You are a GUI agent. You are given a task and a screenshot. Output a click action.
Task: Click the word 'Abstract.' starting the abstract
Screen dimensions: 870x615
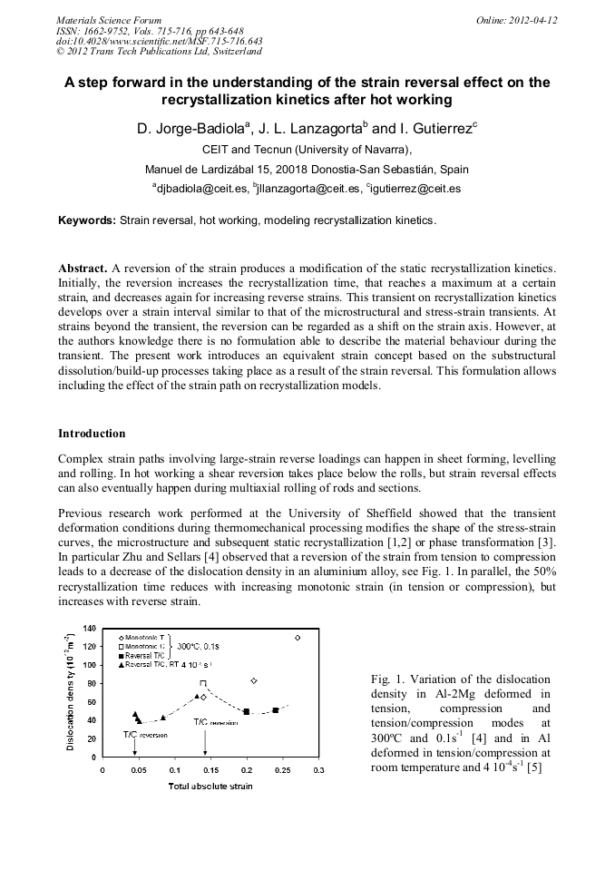[83, 269]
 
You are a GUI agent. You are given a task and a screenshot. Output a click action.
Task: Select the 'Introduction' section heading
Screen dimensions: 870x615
[92, 434]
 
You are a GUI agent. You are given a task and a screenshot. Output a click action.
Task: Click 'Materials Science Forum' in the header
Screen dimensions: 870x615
[109, 20]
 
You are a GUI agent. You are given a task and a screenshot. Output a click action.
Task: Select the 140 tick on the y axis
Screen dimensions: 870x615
[90, 628]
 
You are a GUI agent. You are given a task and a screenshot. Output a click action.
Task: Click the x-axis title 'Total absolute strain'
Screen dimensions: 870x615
[210, 786]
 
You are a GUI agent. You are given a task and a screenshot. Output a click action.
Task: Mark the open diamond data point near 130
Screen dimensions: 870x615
[297, 638]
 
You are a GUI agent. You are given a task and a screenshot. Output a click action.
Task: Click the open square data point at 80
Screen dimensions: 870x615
[203, 683]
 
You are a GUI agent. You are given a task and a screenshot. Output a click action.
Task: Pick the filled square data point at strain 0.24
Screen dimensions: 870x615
[276, 710]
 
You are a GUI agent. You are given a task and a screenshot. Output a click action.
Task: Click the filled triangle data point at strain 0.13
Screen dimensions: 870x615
[197, 696]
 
